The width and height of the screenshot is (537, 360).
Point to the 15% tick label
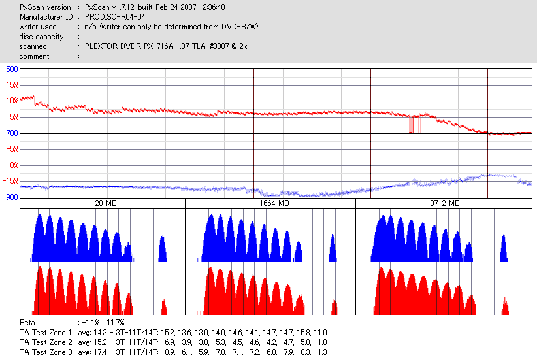[12, 85]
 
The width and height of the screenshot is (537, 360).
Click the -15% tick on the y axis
[10, 181]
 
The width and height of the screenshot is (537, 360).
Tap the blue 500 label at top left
[12, 69]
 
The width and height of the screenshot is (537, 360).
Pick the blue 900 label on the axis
[12, 197]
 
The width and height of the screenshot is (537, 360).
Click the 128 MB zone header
[102, 203]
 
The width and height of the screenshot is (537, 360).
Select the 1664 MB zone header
[270, 203]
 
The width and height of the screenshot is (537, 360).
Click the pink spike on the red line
[412, 124]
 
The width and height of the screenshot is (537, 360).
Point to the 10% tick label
[12, 101]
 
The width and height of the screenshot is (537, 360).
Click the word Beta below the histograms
[27, 323]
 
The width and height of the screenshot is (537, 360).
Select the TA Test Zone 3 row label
[46, 352]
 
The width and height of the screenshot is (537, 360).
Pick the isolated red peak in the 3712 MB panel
[505, 306]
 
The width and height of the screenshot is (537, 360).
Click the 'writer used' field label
[38, 27]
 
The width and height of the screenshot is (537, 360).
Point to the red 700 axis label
[12, 133]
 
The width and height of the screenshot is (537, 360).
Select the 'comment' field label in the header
[34, 56]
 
